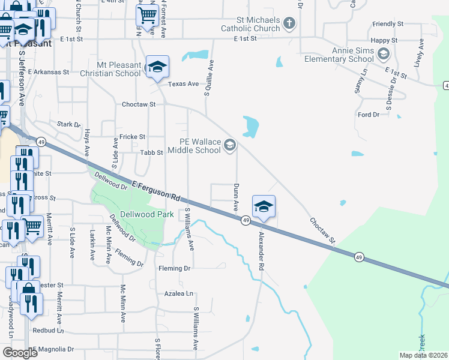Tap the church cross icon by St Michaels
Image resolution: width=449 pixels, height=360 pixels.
coord(289,23)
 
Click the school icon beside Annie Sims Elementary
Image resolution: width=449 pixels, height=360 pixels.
coord(383,55)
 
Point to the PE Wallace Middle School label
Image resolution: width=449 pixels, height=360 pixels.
coord(200,146)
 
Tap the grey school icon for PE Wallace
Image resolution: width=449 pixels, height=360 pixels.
coord(230,145)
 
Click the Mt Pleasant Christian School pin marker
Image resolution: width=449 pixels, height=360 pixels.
coord(157,67)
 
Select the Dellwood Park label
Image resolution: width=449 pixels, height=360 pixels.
coord(147,214)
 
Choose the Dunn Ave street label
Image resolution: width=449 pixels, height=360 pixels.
coord(236,197)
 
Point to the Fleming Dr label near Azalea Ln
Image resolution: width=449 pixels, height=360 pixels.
coord(175,268)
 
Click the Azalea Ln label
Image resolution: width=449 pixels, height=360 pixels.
coord(179,294)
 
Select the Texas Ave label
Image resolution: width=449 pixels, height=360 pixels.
coord(183,84)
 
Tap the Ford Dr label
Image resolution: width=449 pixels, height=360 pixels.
coord(369,114)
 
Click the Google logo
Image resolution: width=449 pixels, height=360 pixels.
coord(19,353)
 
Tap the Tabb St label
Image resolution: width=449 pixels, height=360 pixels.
coord(152,153)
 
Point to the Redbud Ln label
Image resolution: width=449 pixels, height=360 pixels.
coord(48,331)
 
